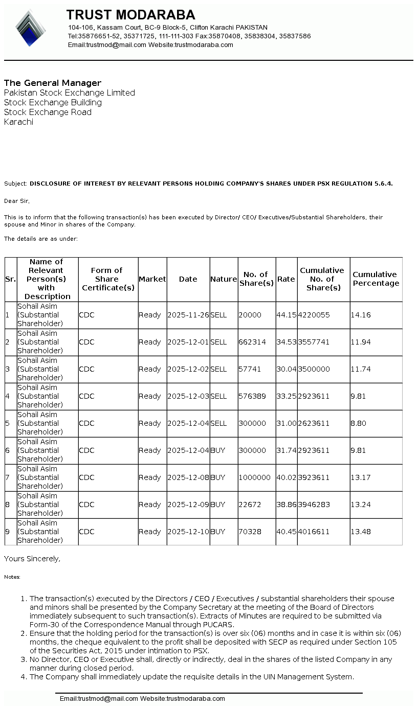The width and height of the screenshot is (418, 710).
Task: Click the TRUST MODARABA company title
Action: (130, 14)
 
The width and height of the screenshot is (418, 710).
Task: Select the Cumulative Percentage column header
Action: (376, 279)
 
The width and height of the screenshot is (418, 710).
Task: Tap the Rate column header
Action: (286, 279)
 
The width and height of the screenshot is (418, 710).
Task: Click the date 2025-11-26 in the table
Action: (188, 315)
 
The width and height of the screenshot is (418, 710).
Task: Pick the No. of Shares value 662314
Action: (252, 342)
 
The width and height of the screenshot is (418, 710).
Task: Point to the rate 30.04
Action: (286, 370)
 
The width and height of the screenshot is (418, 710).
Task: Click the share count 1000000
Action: (254, 478)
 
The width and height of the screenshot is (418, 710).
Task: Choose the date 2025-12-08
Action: (188, 478)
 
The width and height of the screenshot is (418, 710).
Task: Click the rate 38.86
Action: (286, 505)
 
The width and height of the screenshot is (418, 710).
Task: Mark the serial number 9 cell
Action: (8, 532)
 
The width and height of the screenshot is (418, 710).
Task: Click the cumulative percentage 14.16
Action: (360, 315)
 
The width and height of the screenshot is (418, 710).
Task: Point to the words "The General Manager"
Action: (53, 83)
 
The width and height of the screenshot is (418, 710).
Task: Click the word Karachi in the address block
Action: (18, 122)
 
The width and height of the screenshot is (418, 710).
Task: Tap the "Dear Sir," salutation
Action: (17, 201)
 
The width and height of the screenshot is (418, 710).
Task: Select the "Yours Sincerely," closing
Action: (32, 559)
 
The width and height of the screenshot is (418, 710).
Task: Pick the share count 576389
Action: (252, 397)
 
